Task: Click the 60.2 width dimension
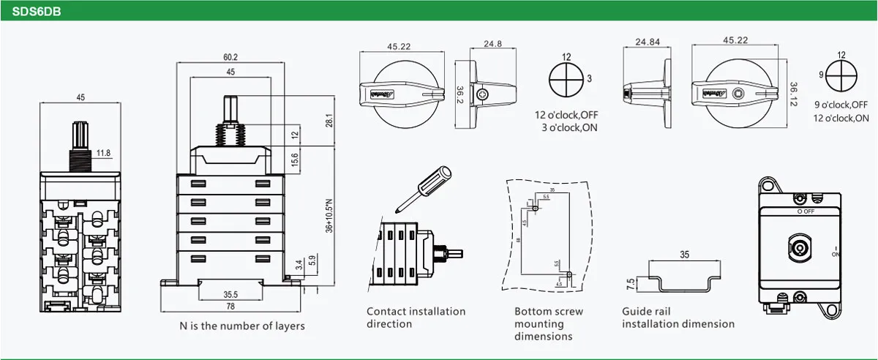(230, 57)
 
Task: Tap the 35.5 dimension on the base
(230, 294)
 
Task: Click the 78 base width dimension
(230, 306)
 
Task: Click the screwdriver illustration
(424, 187)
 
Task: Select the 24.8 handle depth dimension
(492, 45)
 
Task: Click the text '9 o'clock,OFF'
(841, 105)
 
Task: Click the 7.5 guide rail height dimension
(631, 284)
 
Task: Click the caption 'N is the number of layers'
(242, 326)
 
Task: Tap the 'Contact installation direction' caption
(416, 318)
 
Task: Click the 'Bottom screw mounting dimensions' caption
(548, 324)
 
